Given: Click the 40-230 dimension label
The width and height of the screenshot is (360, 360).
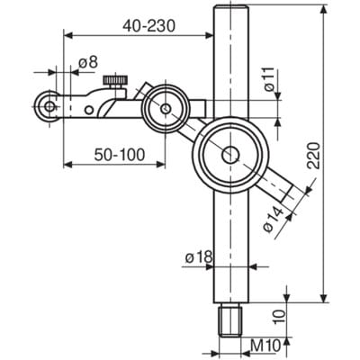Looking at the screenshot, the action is [148, 26].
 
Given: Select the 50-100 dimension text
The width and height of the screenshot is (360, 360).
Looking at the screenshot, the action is [120, 155].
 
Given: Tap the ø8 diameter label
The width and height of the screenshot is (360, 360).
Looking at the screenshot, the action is [88, 62].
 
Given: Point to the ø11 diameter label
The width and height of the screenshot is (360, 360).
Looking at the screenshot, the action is [269, 79].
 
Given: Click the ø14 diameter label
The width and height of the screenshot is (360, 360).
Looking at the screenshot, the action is [273, 219].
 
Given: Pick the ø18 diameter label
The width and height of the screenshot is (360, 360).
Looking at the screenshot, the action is [199, 256].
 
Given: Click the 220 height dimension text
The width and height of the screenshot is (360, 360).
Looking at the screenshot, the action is [314, 155].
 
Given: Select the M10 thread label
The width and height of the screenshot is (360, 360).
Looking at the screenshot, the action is [265, 346].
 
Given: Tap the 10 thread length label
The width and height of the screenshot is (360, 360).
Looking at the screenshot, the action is [279, 316].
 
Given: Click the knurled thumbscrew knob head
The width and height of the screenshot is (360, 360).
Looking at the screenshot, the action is [115, 80].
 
